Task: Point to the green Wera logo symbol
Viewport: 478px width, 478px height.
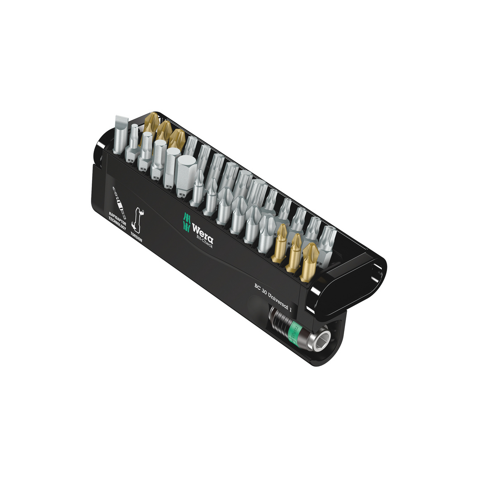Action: [x=187, y=222]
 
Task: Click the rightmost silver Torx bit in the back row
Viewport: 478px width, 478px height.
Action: [x=328, y=244]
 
